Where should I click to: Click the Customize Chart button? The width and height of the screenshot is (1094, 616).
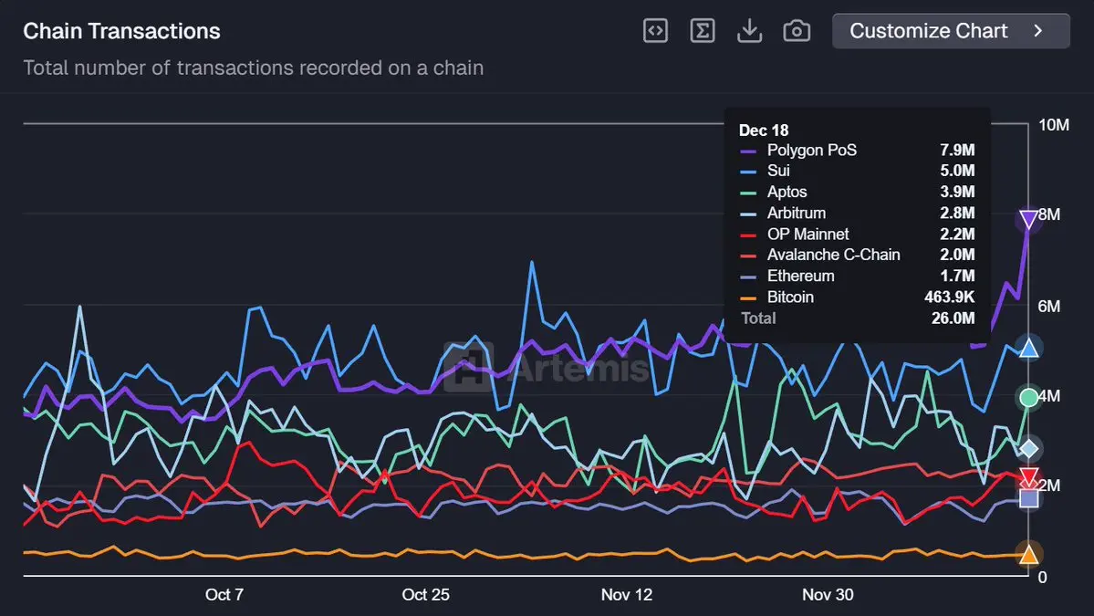950,31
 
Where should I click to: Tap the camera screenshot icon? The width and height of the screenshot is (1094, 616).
797,31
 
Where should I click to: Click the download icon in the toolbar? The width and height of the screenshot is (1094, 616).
749,31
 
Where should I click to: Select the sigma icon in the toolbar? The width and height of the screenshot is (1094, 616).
702,31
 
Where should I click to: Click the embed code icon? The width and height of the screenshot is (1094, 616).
655,31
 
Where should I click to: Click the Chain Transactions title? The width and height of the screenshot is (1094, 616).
121,31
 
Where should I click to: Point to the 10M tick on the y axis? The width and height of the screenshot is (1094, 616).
1054,125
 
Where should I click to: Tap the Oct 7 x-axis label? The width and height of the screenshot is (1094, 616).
224,595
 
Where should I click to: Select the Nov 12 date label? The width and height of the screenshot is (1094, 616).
627,595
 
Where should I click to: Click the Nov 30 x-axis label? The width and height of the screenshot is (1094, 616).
828,595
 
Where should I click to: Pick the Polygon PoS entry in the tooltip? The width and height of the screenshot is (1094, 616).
811,150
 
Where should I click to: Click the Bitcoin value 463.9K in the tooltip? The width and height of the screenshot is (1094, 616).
949,297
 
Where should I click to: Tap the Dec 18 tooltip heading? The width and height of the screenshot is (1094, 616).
764,131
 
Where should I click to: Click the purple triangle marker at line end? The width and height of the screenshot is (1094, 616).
1029,219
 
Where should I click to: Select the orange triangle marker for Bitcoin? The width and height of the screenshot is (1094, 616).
1029,554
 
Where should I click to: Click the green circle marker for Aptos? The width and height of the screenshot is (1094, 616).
1029,397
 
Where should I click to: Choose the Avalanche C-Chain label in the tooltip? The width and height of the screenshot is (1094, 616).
833,255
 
